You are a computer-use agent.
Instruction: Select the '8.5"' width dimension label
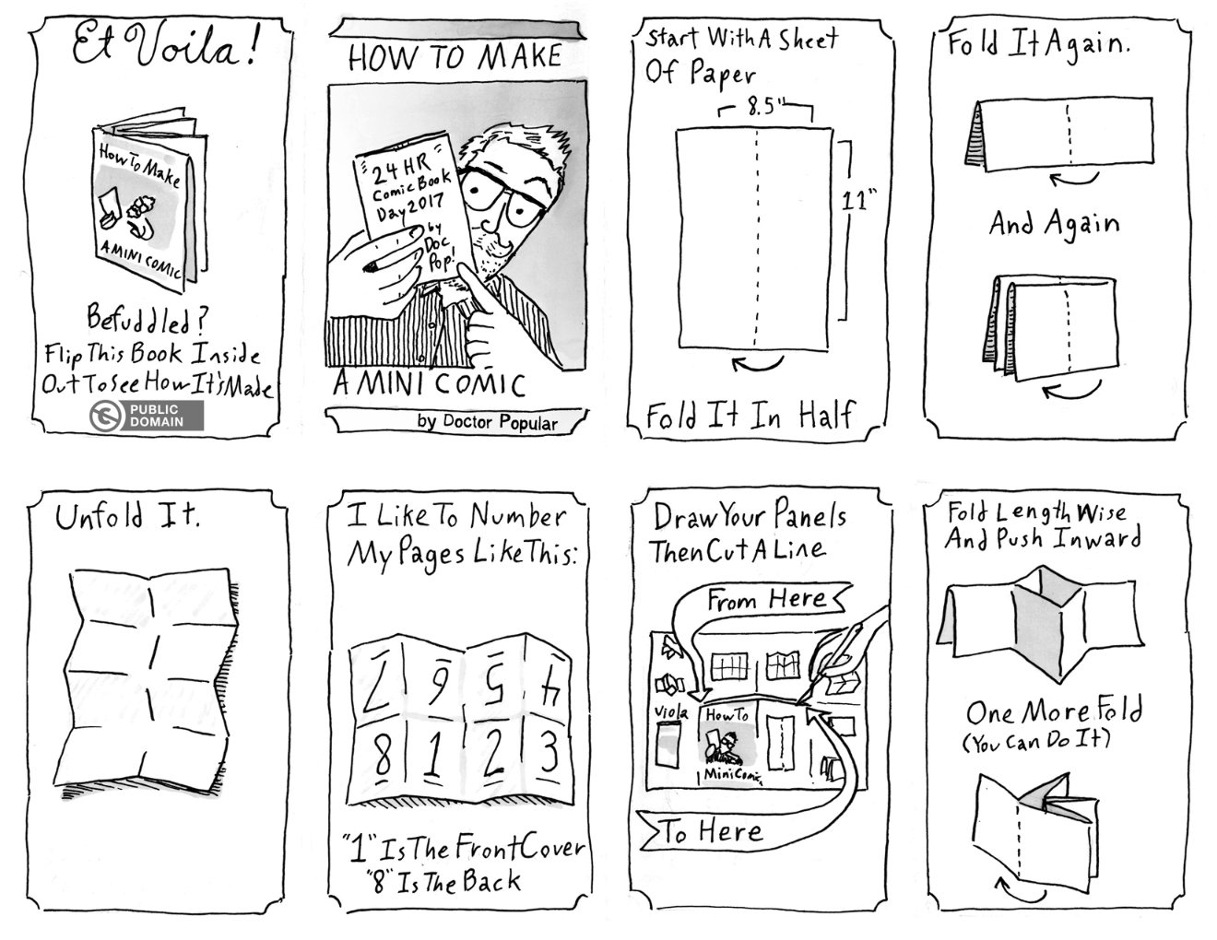pyautogui.click(x=764, y=109)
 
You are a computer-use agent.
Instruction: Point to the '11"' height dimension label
pyautogui.click(x=857, y=202)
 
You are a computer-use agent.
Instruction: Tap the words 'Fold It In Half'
pyautogui.click(x=749, y=416)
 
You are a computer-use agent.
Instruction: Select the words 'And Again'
pyautogui.click(x=1055, y=224)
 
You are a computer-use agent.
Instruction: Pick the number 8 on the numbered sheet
pyautogui.click(x=378, y=755)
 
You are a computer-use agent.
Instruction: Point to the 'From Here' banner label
pyautogui.click(x=765, y=601)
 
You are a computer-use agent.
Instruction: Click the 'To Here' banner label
pyautogui.click(x=713, y=832)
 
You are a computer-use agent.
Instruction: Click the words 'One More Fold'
pyautogui.click(x=1053, y=712)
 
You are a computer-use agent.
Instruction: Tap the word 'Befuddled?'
pyautogui.click(x=151, y=322)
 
